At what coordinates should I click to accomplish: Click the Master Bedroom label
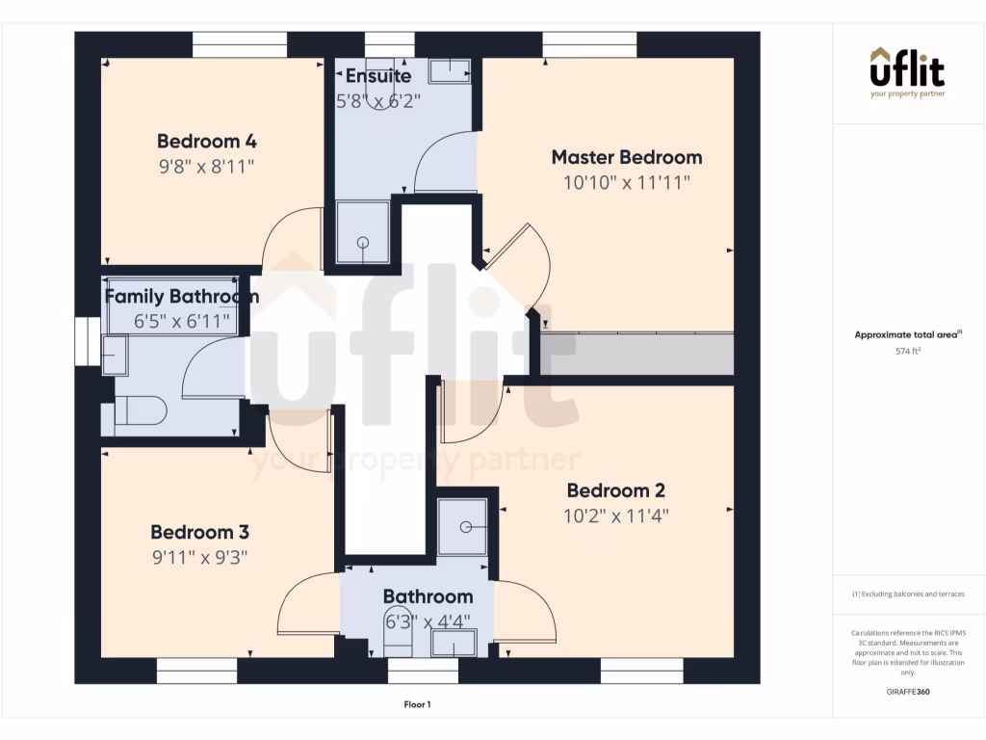626,157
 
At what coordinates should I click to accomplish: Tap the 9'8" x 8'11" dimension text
207,166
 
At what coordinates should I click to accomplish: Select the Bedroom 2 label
615,490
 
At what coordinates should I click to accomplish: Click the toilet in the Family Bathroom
140,411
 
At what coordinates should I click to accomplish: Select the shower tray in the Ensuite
363,231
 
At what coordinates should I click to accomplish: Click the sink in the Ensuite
449,70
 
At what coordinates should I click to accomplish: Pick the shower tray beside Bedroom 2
462,527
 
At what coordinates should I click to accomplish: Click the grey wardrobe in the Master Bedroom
636,354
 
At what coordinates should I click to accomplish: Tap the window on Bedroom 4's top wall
240,45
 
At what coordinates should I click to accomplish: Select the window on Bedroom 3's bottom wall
197,671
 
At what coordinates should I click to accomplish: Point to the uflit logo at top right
907,72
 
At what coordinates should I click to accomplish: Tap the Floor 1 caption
417,705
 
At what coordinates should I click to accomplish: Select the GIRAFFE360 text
908,692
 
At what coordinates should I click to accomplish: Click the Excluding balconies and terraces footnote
908,595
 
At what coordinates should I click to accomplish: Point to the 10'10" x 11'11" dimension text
626,182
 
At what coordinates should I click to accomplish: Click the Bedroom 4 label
207,141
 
